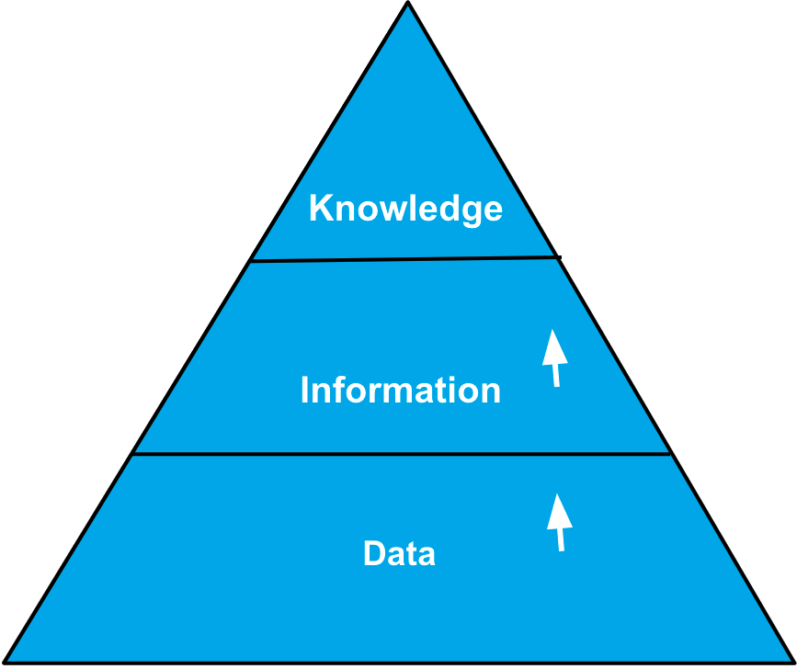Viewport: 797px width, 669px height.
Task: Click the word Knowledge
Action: click(x=405, y=209)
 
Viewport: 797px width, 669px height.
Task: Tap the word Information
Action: click(x=401, y=391)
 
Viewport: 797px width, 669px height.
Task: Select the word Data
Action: click(x=399, y=554)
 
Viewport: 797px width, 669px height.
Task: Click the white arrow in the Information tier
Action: click(x=553, y=358)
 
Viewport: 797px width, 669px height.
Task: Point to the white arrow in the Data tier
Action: click(x=559, y=523)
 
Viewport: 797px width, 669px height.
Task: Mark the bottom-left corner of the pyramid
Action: click(x=6, y=661)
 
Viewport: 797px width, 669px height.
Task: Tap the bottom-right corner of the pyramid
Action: click(x=791, y=661)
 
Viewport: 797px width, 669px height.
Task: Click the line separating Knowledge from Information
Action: click(x=404, y=260)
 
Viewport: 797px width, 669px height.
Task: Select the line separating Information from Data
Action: click(x=402, y=453)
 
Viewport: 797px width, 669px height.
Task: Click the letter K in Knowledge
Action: click(x=320, y=209)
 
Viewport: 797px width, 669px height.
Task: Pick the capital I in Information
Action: click(x=305, y=391)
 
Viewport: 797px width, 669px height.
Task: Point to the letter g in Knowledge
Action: click(x=469, y=212)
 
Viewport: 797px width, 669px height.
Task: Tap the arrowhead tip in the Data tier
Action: click(x=557, y=495)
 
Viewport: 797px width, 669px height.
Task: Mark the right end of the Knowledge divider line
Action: click(x=559, y=257)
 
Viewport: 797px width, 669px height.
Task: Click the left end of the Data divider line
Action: click(x=134, y=453)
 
